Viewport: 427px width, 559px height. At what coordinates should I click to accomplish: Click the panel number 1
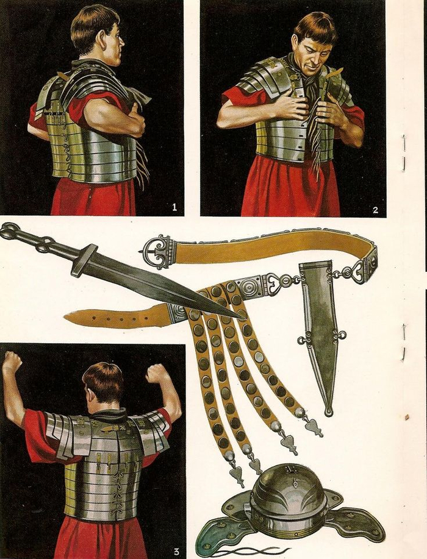174,207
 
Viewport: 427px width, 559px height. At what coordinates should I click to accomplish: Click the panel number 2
375,210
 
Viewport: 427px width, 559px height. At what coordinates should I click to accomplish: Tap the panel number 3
176,552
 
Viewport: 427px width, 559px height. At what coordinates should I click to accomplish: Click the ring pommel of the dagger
8,230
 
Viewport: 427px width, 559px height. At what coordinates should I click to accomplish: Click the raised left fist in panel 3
12,360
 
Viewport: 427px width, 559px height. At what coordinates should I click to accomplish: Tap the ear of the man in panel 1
106,39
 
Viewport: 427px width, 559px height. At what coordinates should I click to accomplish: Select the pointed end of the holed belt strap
68,316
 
